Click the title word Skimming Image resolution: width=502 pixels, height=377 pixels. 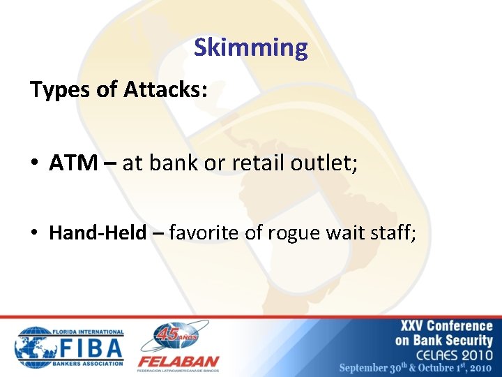(250, 48)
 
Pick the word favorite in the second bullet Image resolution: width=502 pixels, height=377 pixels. (206, 232)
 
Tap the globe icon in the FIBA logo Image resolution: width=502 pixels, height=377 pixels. (34, 347)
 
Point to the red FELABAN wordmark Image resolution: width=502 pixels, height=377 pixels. (178, 362)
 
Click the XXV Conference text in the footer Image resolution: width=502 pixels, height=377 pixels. (446, 326)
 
